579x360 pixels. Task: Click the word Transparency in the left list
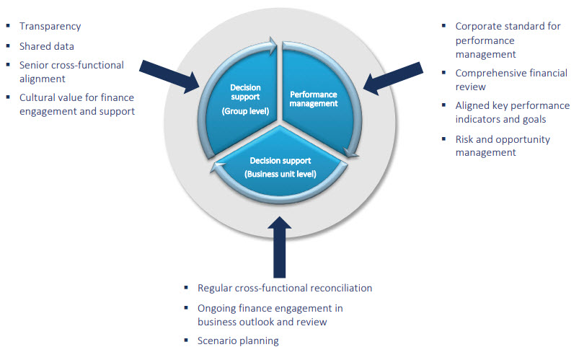pos(50,27)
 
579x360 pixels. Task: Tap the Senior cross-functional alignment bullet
pos(71,71)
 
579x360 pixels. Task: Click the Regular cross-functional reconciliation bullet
pos(285,288)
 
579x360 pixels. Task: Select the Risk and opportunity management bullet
pos(502,145)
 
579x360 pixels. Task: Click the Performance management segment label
pos(314,98)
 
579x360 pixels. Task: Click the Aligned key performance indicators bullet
pos(512,112)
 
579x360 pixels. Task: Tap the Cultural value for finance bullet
pos(77,104)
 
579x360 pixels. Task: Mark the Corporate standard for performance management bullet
pos(508,40)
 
